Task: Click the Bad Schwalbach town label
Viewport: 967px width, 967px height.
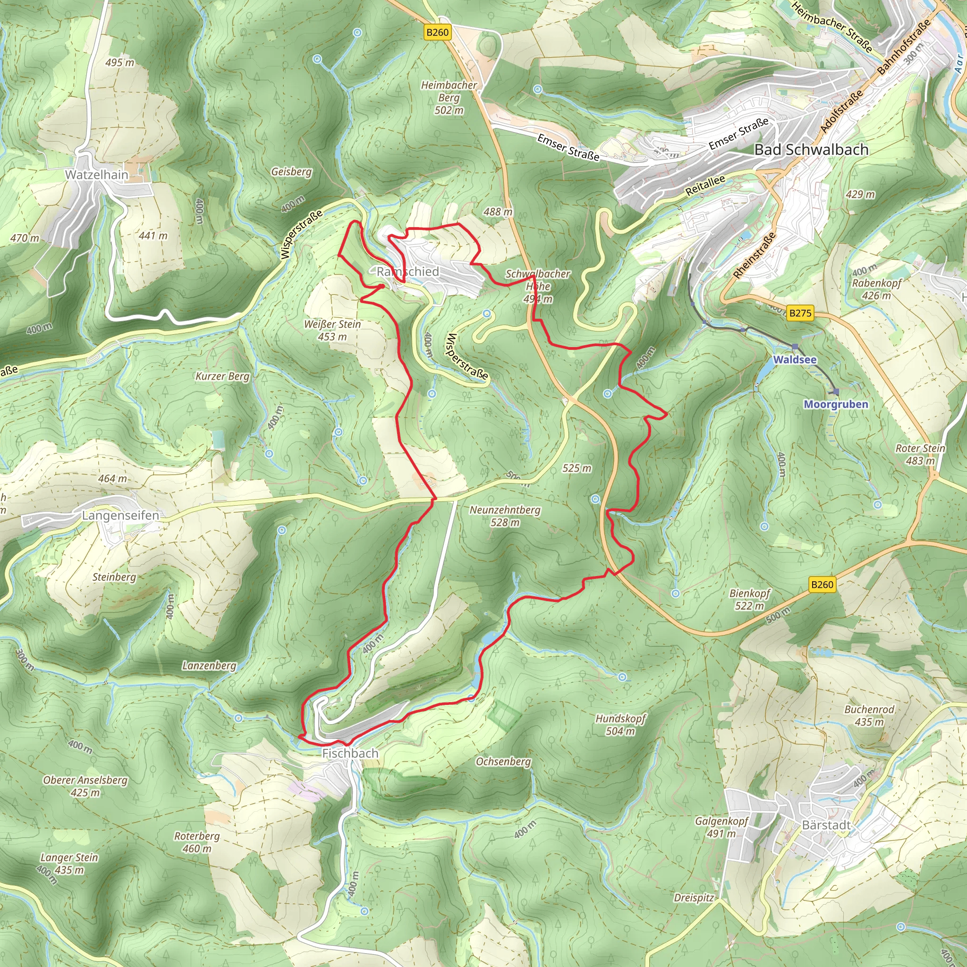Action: pos(811,150)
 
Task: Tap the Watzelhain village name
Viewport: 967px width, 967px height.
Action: pos(97,175)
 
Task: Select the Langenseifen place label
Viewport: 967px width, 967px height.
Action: pos(120,516)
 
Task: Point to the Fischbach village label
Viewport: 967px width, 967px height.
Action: pos(350,753)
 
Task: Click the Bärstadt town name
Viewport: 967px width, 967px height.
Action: pos(826,825)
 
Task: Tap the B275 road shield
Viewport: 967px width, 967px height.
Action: pos(800,314)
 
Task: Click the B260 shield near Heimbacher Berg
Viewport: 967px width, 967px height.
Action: pos(437,33)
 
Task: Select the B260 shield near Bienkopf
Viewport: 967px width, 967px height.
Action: pos(822,585)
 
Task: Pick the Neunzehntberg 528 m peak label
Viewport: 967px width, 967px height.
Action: pos(505,516)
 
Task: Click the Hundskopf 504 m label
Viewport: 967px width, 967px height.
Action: pos(620,725)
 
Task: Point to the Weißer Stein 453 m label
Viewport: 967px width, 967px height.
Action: pos(332,331)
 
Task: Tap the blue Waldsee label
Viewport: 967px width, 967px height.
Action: pos(795,359)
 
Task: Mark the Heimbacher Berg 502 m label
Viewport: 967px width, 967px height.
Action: pos(449,98)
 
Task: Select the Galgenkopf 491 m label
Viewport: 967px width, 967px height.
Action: pos(721,827)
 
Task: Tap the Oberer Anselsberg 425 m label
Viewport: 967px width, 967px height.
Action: pos(85,786)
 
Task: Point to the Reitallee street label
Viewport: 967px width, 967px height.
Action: pos(705,186)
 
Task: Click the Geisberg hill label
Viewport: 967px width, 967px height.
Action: pos(291,172)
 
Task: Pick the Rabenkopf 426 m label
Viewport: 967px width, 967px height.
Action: pos(876,289)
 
